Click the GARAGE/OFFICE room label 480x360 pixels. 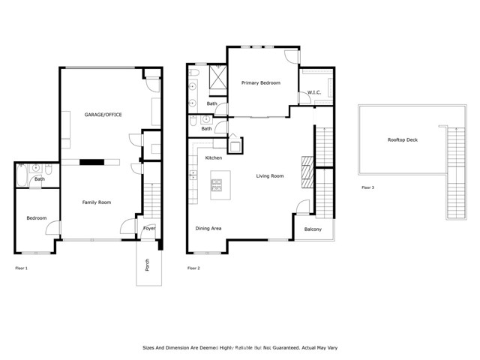[103, 114]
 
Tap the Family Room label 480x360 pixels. [97, 202]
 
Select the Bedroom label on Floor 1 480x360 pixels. [36, 218]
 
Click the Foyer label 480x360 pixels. [149, 227]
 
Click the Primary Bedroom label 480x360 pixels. [260, 83]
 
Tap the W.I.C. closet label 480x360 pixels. [313, 92]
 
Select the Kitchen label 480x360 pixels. [214, 158]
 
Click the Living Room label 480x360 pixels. [269, 176]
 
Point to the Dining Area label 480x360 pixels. [208, 228]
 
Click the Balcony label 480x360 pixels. [313, 229]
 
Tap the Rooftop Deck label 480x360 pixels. [402, 139]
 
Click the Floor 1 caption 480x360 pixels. [22, 268]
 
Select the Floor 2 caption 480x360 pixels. [193, 268]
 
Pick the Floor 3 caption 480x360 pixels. [367, 187]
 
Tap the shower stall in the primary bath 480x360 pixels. [220, 77]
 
